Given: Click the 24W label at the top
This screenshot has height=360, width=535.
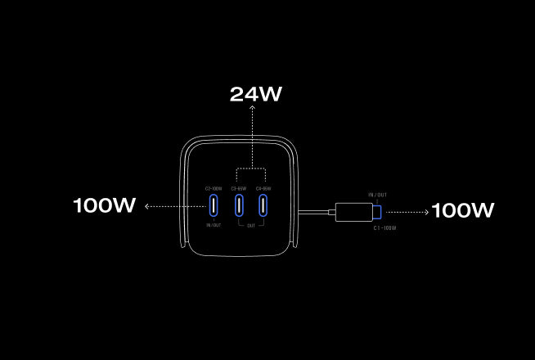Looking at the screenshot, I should click(x=255, y=94).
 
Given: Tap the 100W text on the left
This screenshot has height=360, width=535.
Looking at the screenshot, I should click(x=104, y=205).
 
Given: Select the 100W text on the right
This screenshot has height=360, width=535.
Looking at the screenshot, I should click(x=462, y=210).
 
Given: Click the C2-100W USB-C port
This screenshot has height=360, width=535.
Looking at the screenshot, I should click(x=214, y=205).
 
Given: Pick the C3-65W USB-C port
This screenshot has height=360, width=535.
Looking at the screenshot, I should click(x=240, y=205).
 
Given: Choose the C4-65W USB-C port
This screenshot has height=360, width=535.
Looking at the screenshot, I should click(x=264, y=205).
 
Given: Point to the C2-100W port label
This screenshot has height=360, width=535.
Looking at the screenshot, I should click(x=214, y=189).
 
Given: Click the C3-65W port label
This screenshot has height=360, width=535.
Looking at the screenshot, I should click(x=240, y=189).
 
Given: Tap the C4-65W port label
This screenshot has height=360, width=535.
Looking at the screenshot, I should click(x=264, y=189).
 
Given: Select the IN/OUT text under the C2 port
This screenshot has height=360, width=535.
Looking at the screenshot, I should click(x=214, y=225).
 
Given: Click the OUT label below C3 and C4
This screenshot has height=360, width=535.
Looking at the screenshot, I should click(x=252, y=225).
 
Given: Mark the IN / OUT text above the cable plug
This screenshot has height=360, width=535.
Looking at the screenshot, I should click(x=378, y=196).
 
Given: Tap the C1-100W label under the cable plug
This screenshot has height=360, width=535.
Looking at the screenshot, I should click(x=384, y=228).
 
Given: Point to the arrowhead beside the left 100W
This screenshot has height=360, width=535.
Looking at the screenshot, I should click(x=146, y=206).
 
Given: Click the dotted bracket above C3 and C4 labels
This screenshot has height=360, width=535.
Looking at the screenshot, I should click(x=253, y=169).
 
